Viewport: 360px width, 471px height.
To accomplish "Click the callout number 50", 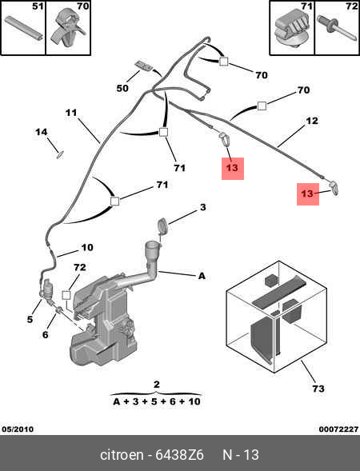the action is (x=122, y=88).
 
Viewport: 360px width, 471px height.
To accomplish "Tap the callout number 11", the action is (x=71, y=113).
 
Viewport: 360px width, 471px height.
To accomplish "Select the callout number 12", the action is (x=312, y=121).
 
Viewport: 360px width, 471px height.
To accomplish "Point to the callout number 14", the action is (x=41, y=132).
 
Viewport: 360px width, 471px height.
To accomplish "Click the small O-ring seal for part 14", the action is (x=60, y=155).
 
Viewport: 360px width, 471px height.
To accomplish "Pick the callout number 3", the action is (x=203, y=207).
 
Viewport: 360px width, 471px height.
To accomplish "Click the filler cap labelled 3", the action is (x=162, y=226).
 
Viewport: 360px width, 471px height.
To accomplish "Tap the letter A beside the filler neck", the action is (x=202, y=276).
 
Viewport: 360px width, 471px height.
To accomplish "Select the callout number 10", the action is (x=87, y=248).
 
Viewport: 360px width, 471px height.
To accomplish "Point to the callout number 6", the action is (x=45, y=334).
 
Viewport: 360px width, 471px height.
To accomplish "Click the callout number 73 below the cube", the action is (x=318, y=389).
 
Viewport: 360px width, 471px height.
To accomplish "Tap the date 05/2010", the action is (x=18, y=429).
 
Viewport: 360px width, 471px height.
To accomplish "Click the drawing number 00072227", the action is (x=338, y=429).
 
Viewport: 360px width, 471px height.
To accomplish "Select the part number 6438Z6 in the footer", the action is (x=179, y=455).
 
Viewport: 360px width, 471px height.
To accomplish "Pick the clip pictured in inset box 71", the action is (x=291, y=31).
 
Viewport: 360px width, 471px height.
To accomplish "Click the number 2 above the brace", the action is (x=157, y=385).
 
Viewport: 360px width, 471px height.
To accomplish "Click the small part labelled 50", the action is (x=144, y=66).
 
